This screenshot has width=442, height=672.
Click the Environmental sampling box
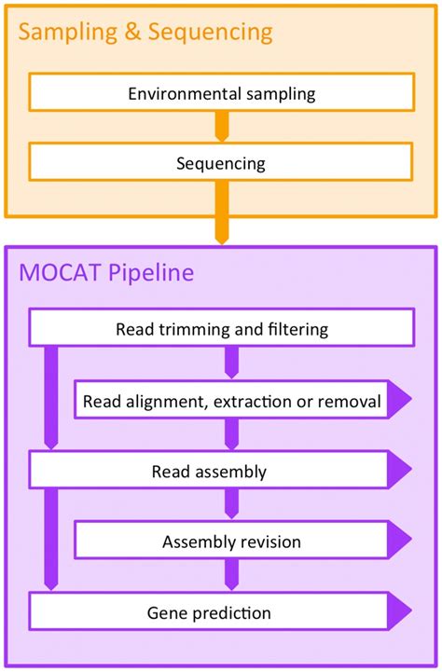(x=221, y=93)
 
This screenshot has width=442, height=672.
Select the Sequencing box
(x=221, y=163)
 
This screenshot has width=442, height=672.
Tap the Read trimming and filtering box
(x=221, y=329)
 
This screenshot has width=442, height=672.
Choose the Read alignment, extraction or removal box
(x=231, y=402)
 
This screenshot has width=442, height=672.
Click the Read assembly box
(x=209, y=471)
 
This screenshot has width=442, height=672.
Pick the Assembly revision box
(x=231, y=542)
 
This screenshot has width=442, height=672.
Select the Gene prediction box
(x=209, y=612)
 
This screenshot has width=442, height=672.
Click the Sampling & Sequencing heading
(x=145, y=34)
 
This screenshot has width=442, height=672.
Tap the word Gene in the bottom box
(x=166, y=612)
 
